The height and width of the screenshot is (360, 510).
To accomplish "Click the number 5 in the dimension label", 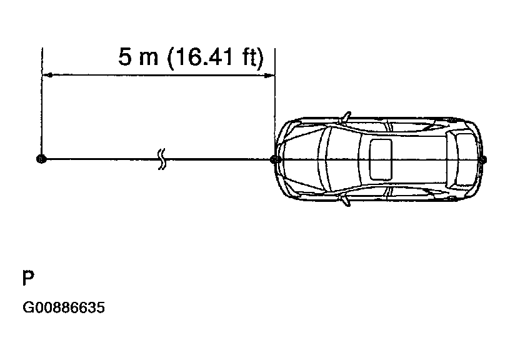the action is (x=125, y=56).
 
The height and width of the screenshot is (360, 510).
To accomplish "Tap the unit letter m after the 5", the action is (x=148, y=59).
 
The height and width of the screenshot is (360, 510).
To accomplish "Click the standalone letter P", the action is (x=28, y=277).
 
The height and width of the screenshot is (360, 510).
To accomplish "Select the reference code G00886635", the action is (x=64, y=307).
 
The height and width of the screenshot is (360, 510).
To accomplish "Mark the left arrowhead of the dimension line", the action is (x=47, y=76).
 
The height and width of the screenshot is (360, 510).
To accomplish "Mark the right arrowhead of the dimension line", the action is (x=269, y=76).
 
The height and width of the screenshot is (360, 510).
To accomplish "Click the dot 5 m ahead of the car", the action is (x=42, y=159).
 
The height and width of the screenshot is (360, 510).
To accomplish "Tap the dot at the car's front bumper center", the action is (x=276, y=159).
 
